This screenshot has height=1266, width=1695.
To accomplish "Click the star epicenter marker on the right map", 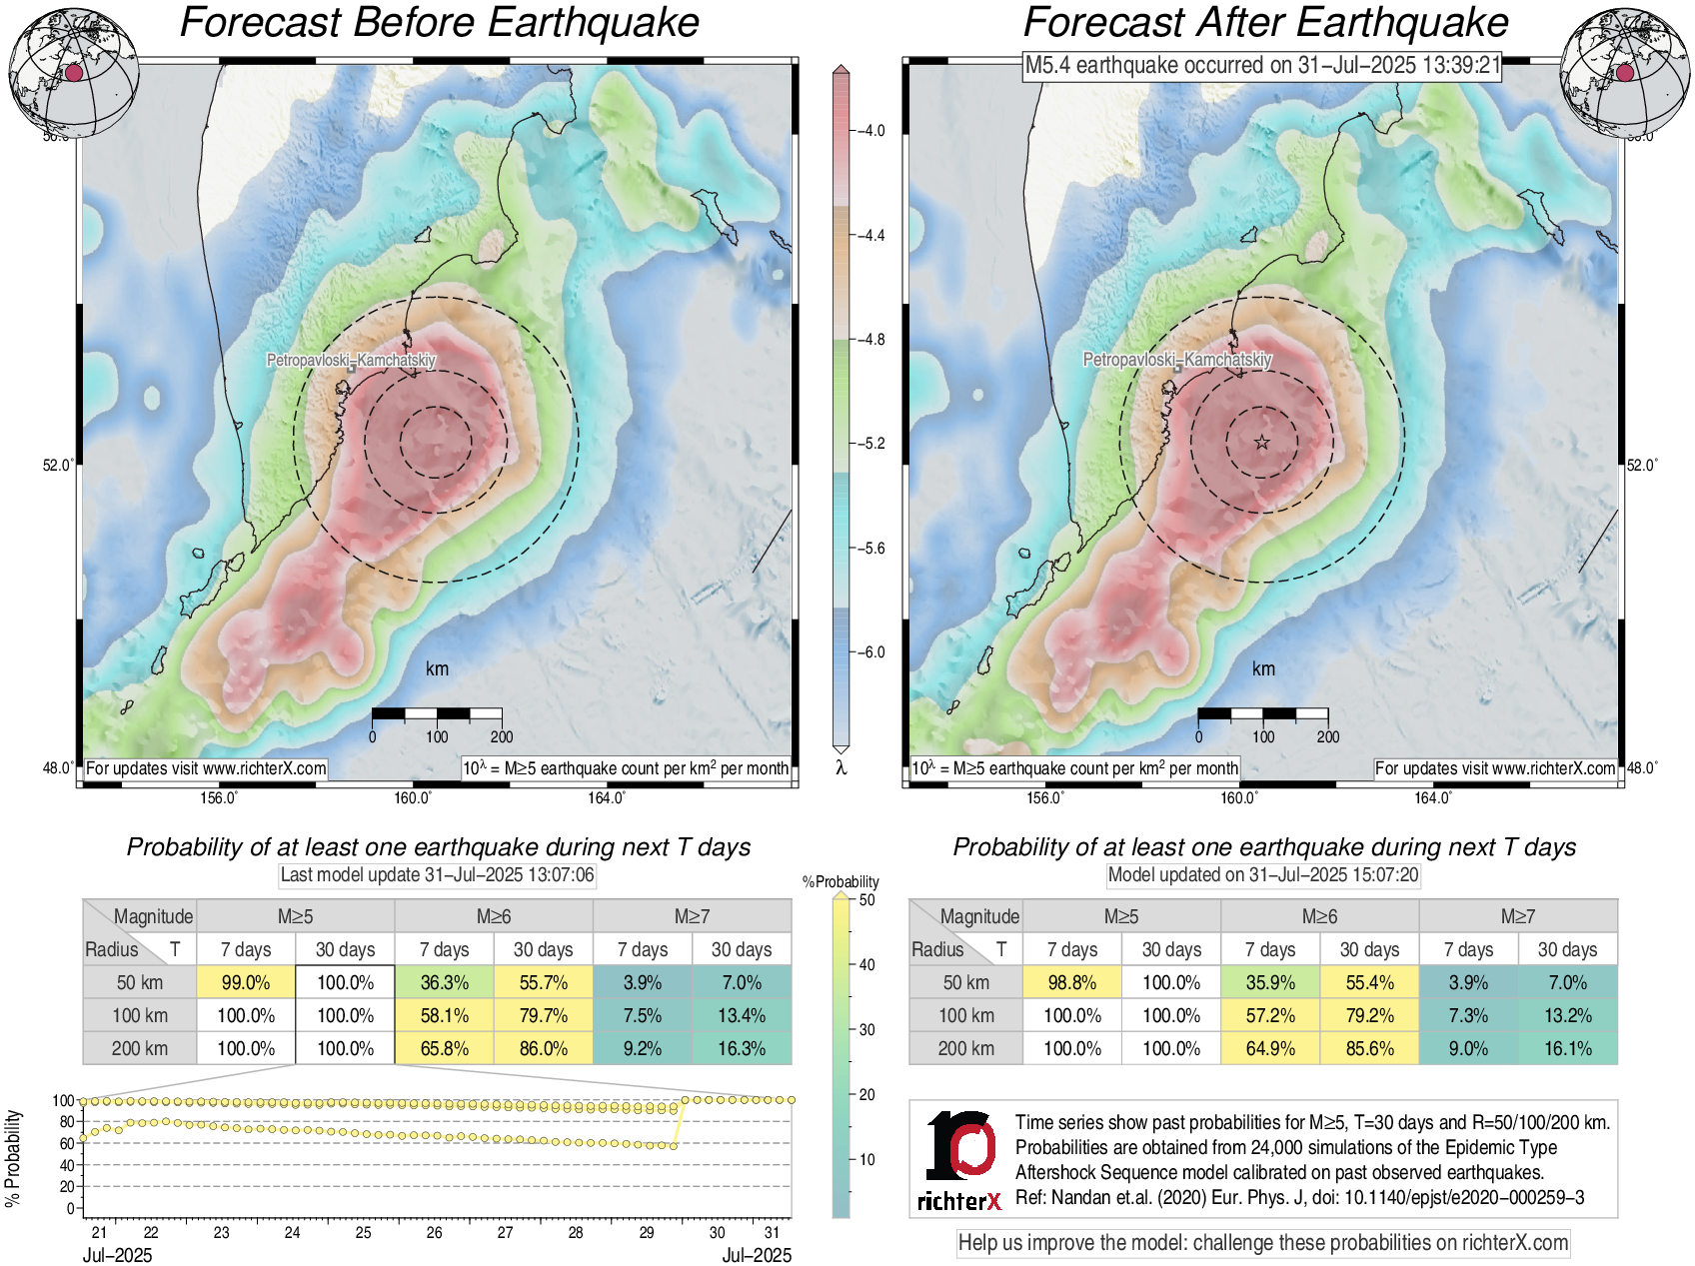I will (1262, 442).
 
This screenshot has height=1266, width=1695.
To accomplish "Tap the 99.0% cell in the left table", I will (246, 982).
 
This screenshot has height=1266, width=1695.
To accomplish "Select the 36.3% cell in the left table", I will (445, 982).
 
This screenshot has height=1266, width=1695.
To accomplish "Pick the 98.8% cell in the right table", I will (1071, 982).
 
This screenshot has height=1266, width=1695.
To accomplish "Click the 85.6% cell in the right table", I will (1369, 1048).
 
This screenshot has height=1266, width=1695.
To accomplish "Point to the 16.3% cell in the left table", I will (742, 1048).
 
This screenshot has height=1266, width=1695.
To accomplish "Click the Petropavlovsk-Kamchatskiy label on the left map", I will (351, 360).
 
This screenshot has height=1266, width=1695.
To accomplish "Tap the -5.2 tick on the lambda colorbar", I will (872, 444).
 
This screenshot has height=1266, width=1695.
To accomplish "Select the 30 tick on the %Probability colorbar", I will (866, 1029).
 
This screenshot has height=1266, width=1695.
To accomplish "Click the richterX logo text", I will (958, 1200).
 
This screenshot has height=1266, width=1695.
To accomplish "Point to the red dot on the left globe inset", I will (74, 72).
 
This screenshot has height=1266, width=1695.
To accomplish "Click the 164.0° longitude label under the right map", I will (1432, 797).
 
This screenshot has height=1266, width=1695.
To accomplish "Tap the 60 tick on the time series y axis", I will (67, 1143).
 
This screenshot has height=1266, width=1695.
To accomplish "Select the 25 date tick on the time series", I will (364, 1232).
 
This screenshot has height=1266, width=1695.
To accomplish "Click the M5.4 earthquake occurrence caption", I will (1262, 66).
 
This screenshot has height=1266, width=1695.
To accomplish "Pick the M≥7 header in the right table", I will (1517, 916).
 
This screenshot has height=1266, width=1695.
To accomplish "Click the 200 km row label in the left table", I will (140, 1048).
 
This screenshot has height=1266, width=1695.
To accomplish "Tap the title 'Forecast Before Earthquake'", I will (440, 22).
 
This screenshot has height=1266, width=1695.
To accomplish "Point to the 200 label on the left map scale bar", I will (502, 736).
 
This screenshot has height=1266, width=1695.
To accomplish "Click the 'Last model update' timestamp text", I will (437, 875).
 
